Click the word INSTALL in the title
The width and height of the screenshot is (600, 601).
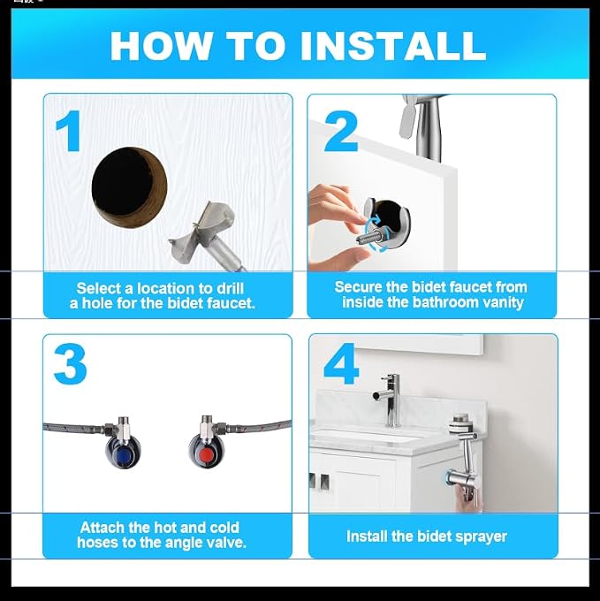coord(393,46)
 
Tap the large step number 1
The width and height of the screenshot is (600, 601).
coord(69,131)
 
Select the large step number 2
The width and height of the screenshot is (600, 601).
coord(341,132)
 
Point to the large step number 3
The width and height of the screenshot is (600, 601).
coord(71,364)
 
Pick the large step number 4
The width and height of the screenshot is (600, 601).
coord(340,363)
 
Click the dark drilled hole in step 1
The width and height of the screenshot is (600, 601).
coord(130,188)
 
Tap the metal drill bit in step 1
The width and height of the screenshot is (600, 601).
coord(208,239)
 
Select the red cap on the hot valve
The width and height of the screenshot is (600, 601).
coord(207,454)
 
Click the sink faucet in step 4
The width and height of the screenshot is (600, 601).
coord(388,399)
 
